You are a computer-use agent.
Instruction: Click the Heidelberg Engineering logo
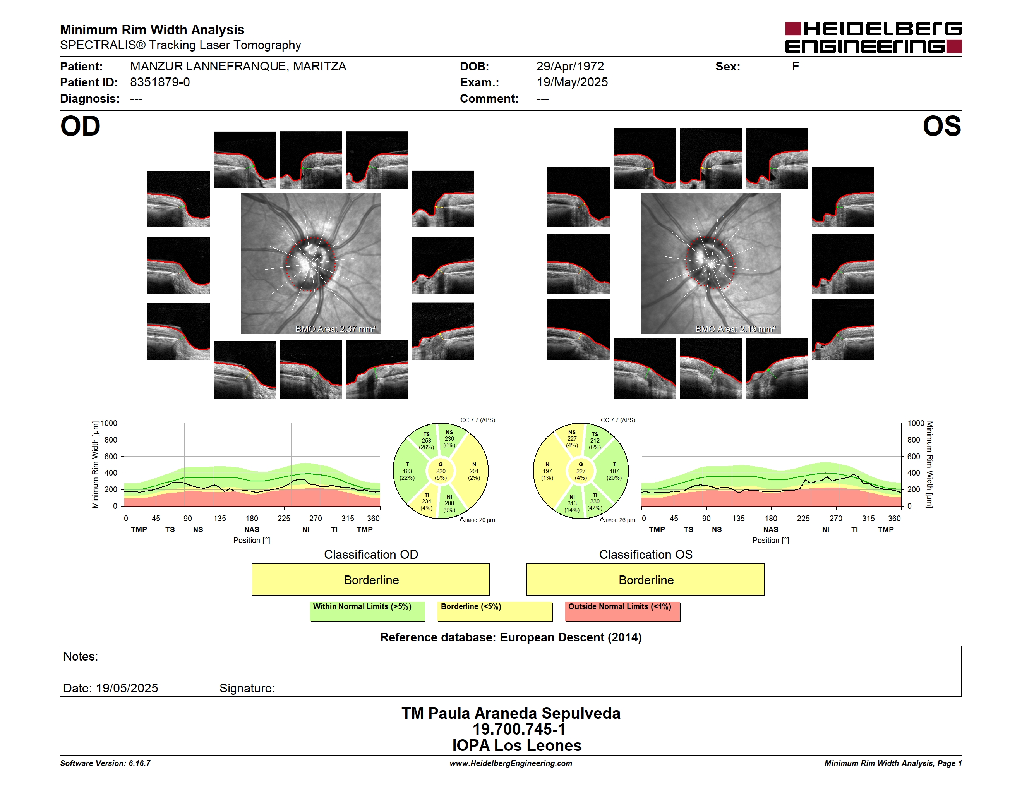(x=873, y=38)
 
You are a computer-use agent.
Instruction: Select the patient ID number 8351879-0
(x=160, y=82)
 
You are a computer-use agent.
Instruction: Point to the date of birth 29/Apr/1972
(x=570, y=67)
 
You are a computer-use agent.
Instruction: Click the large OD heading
(x=80, y=126)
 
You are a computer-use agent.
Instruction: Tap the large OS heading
(x=941, y=126)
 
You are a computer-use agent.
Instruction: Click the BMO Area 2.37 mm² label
(x=335, y=329)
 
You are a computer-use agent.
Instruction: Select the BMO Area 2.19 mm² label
(x=735, y=329)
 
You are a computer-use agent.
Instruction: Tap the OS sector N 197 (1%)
(x=547, y=471)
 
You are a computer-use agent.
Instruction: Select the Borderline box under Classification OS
(x=646, y=579)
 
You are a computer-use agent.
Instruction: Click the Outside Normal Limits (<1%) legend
(x=622, y=611)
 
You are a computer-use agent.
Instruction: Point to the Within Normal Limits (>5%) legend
(x=367, y=611)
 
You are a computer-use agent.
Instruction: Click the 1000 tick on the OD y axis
(x=109, y=423)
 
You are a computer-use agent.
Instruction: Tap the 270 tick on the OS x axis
(x=835, y=518)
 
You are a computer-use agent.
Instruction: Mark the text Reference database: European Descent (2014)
(x=511, y=637)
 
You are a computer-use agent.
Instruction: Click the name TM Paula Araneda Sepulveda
(x=511, y=713)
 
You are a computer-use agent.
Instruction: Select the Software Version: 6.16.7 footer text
(x=105, y=763)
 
